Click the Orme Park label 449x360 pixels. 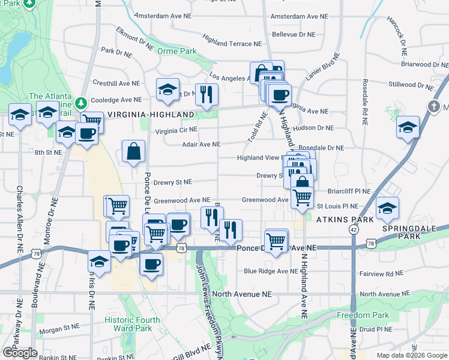click(x=177, y=52)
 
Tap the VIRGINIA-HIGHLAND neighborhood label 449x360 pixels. click(x=151, y=115)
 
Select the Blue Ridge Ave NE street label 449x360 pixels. click(x=271, y=271)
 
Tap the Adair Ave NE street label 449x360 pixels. click(x=201, y=144)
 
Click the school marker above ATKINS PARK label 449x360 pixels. click(x=388, y=209)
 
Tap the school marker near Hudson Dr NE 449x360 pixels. click(x=408, y=127)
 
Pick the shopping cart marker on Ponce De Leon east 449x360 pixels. click(x=276, y=241)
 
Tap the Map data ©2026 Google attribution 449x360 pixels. click(x=411, y=355)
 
